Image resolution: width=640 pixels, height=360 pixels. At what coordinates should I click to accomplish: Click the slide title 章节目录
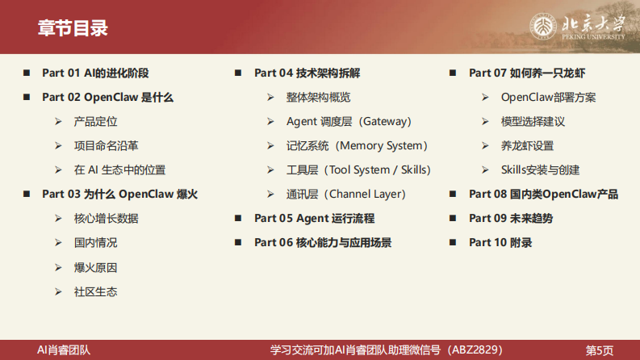click(73, 28)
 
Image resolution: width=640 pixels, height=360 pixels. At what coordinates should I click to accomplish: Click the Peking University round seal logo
click(544, 27)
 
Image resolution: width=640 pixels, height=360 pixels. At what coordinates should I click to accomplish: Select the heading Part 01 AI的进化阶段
click(95, 73)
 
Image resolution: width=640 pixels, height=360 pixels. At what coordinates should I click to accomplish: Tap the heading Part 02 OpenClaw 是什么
click(107, 97)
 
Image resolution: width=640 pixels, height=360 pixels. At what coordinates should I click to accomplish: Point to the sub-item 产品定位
click(95, 121)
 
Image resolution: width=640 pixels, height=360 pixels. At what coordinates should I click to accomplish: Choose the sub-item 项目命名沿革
click(106, 145)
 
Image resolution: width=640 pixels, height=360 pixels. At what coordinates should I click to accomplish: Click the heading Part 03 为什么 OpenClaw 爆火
click(119, 194)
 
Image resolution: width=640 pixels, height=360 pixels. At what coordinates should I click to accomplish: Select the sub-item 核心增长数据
click(106, 218)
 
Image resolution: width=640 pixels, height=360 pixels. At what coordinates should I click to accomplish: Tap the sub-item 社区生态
click(95, 291)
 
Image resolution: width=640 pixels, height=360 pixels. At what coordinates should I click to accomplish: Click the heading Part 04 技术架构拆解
click(307, 73)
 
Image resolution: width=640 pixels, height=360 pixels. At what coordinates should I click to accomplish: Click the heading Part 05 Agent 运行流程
click(314, 218)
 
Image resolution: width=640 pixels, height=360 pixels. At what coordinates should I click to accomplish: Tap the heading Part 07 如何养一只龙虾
click(526, 73)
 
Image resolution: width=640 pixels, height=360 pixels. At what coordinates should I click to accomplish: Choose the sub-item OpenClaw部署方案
click(549, 97)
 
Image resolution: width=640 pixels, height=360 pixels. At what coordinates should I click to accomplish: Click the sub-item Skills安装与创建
click(541, 170)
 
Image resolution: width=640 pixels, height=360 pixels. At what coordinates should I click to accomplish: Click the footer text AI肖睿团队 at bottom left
click(65, 350)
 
